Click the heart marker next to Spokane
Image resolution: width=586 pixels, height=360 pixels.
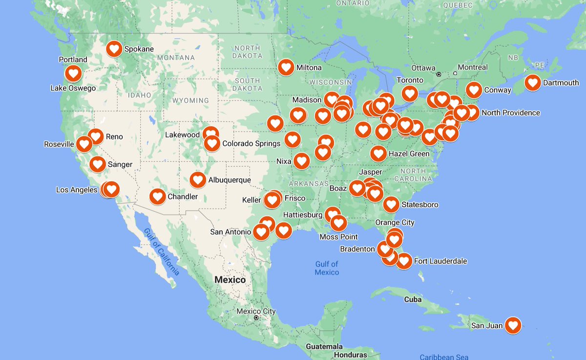point(114,49)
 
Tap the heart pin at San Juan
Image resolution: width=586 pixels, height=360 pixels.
point(513,325)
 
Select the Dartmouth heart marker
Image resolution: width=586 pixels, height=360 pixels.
point(533,83)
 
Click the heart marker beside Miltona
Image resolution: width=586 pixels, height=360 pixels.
point(286,67)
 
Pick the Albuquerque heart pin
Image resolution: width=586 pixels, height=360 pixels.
point(198,180)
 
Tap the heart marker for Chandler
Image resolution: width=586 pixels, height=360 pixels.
point(158,196)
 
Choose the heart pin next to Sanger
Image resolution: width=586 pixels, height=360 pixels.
point(98,164)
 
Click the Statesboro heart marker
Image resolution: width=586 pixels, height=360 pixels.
point(391,204)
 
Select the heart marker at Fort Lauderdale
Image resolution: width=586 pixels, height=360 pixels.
point(404,261)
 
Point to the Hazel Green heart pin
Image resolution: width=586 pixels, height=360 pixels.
point(378,153)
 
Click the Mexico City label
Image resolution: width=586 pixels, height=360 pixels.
point(256,311)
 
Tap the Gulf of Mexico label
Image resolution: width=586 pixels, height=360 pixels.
point(327,268)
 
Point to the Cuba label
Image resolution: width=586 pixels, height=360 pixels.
point(413,299)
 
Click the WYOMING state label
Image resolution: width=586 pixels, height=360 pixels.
point(190,100)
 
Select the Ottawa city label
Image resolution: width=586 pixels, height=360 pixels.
point(423,67)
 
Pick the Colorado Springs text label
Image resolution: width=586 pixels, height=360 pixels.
point(251,144)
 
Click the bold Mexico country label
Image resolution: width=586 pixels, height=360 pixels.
point(230,280)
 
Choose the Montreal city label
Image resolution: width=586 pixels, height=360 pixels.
point(473,67)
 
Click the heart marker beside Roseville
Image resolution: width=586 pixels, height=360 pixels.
point(84,144)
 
